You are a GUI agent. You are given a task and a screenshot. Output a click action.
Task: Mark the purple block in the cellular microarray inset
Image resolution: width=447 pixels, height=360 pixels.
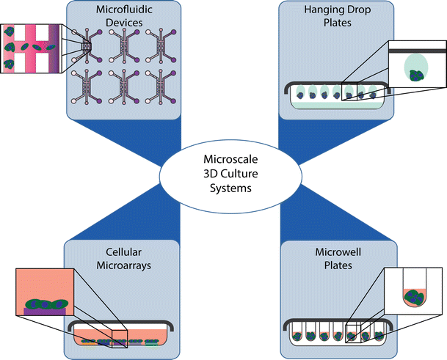45,312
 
